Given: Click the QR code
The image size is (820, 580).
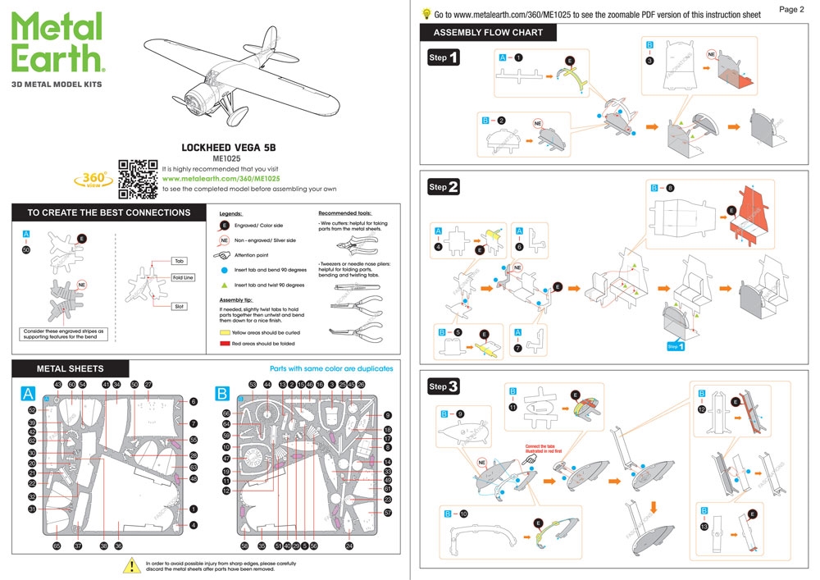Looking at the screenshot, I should [x=138, y=179].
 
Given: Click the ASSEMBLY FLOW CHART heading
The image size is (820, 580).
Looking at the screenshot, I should [x=488, y=33].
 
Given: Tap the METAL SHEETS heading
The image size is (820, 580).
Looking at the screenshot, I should [x=70, y=368].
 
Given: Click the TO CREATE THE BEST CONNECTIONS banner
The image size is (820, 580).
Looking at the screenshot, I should [x=108, y=212].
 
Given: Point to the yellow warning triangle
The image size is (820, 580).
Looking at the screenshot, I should [x=131, y=565].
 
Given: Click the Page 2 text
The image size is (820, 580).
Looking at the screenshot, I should [x=790, y=9].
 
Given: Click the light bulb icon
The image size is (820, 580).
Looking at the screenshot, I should [x=426, y=14].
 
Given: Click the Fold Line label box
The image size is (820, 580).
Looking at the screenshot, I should [x=182, y=277].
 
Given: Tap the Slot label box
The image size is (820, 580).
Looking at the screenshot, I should [x=180, y=306].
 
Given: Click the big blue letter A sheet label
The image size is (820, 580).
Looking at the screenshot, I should [x=29, y=395].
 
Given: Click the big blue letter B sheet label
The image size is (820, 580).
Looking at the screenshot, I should [x=221, y=395].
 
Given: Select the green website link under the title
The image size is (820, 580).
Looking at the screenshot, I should [x=221, y=178].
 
